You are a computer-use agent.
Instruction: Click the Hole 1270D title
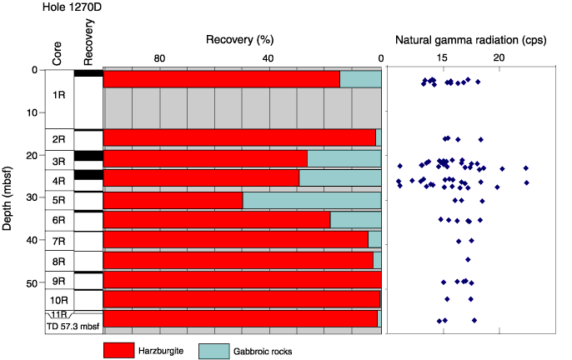72,7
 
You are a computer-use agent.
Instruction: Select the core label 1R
58,95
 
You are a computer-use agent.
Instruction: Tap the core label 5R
58,200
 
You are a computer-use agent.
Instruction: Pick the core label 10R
58,300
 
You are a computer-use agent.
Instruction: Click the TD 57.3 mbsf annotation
73,327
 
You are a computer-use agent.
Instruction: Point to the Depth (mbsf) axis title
7,198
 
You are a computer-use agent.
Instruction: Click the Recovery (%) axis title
239,39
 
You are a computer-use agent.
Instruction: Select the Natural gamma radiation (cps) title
471,40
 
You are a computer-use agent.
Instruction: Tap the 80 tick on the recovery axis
159,58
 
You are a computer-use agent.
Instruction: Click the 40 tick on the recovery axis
268,58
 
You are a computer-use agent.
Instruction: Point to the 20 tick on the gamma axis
499,57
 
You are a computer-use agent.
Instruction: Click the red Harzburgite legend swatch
119,351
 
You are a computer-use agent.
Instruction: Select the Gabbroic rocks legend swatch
214,351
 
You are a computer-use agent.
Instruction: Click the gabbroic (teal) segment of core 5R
312,201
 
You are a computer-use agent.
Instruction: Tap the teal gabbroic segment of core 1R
360,79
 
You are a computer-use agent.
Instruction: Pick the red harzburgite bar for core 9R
242,280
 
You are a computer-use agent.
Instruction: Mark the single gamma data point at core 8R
468,260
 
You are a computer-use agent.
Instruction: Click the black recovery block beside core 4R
88,175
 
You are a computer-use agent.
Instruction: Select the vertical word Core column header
57,53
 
